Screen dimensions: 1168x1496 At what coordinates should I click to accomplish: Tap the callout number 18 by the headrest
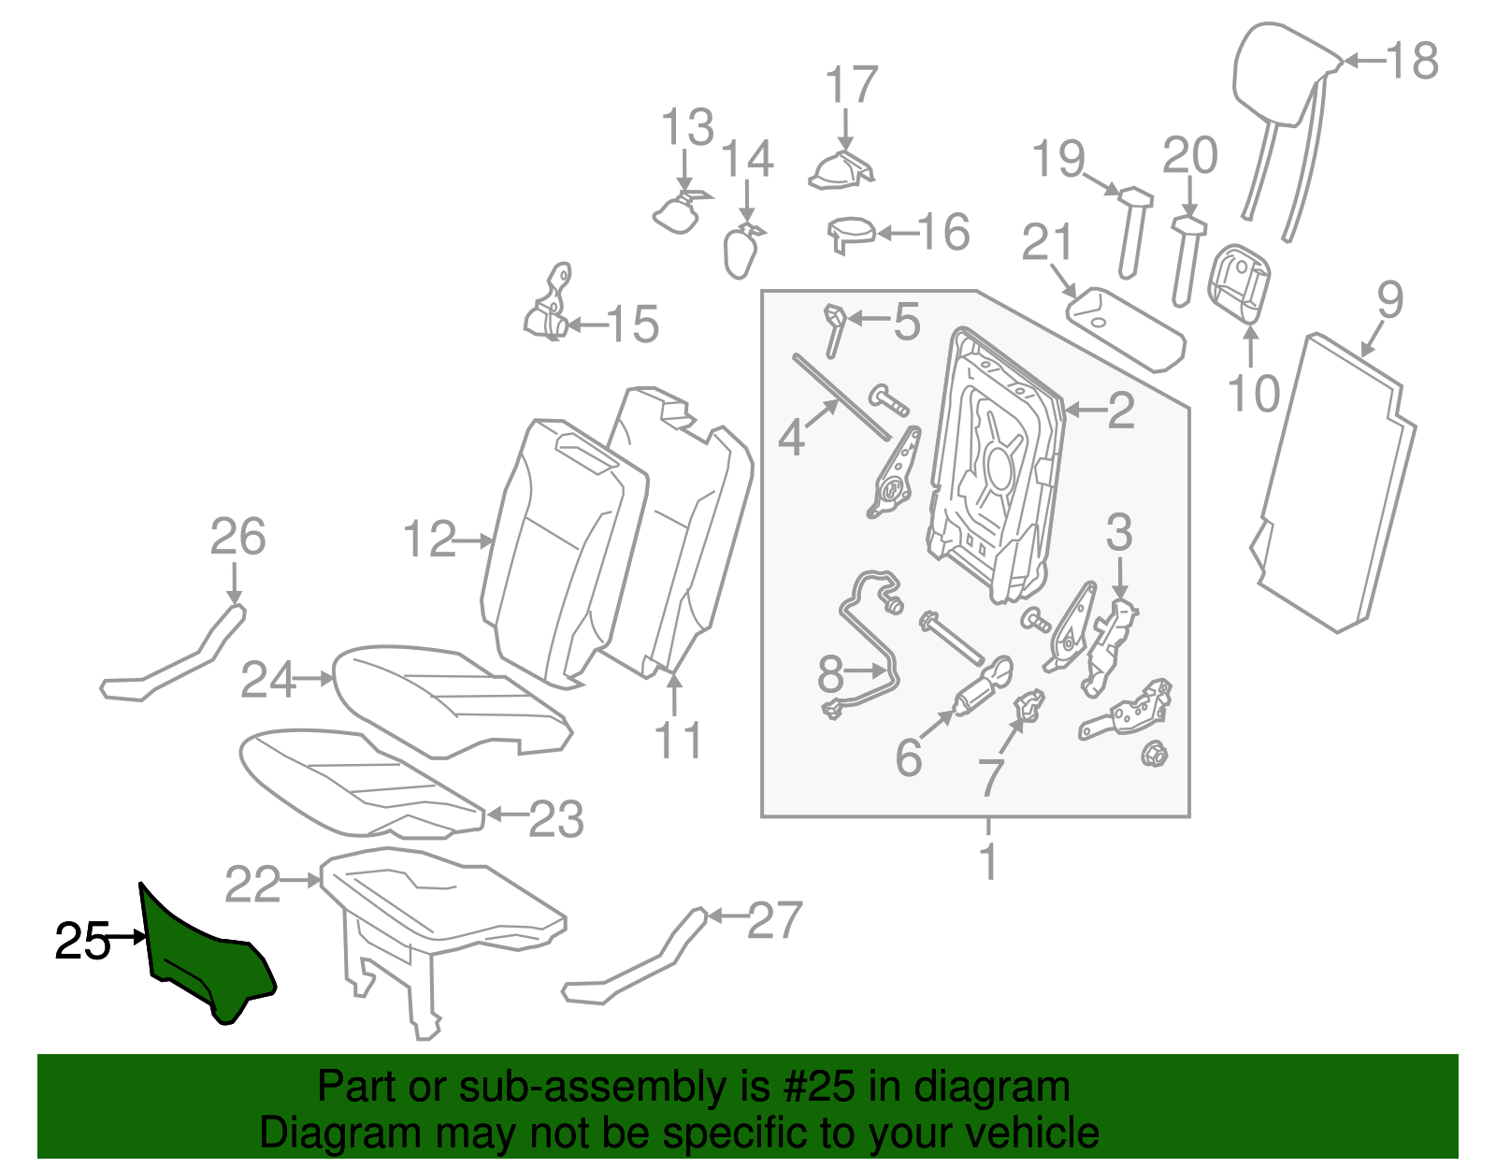(1412, 62)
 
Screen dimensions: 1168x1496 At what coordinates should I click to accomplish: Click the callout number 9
(1389, 301)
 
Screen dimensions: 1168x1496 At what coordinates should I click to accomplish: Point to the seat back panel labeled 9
(1332, 486)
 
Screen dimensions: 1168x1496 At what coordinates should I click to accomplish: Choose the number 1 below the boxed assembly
(988, 860)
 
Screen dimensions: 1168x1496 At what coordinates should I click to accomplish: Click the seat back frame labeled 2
(996, 468)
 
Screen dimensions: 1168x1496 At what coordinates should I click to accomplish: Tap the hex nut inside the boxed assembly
(1153, 752)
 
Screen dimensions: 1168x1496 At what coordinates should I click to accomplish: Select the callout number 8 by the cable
(830, 672)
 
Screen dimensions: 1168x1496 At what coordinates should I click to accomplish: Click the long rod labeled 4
(841, 397)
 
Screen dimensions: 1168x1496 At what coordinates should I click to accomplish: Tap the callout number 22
(252, 884)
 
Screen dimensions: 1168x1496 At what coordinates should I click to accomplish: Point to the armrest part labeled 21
(1127, 327)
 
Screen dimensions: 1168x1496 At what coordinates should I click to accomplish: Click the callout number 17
(852, 86)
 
